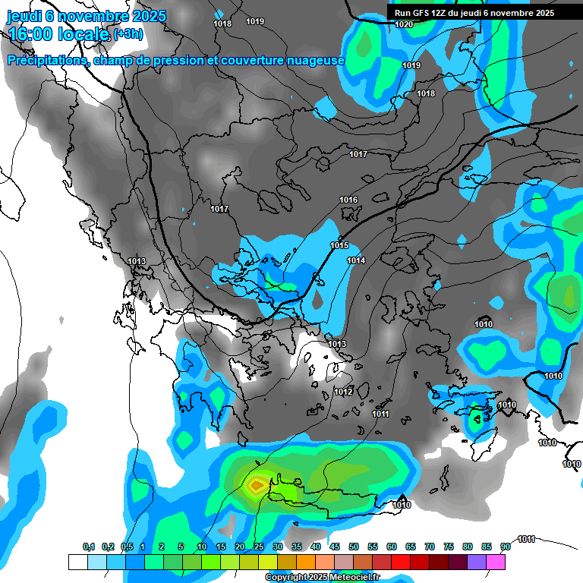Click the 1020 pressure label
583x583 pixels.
(x=404, y=25)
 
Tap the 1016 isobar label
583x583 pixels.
(x=348, y=200)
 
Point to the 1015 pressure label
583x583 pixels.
(x=339, y=245)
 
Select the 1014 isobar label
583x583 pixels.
(x=356, y=261)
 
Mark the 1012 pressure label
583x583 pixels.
(x=343, y=392)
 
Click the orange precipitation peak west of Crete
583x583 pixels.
(x=257, y=484)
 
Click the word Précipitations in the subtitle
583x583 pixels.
(x=48, y=60)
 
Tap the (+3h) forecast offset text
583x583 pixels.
(x=128, y=33)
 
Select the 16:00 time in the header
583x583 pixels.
(x=30, y=33)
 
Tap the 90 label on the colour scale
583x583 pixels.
(x=505, y=547)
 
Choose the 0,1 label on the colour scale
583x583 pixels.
(x=88, y=547)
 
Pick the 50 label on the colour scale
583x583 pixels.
(x=354, y=547)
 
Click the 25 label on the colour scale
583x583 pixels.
(x=259, y=547)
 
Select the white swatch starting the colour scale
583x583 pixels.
(x=77, y=562)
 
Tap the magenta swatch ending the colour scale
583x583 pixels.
(x=496, y=562)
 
